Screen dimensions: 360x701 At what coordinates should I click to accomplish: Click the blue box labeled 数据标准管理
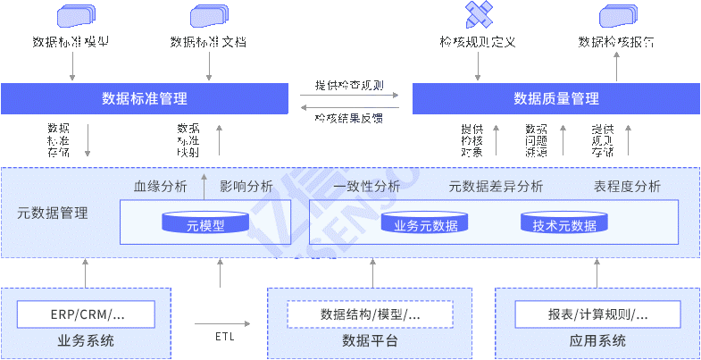click(x=145, y=98)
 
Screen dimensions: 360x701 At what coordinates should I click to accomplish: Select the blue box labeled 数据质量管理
click(x=555, y=98)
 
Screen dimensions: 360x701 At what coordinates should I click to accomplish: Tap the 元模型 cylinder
click(x=205, y=224)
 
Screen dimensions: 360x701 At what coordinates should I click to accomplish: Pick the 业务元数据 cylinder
click(x=426, y=224)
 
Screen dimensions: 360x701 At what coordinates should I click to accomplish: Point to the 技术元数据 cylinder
click(x=564, y=224)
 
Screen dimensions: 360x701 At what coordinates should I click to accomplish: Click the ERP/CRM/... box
click(x=87, y=314)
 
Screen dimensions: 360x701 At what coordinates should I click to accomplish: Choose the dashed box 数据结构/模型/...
click(x=370, y=314)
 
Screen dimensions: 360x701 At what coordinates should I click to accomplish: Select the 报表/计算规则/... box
click(x=597, y=314)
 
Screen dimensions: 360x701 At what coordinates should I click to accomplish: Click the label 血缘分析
click(x=161, y=187)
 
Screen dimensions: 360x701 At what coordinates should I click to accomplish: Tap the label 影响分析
click(x=246, y=187)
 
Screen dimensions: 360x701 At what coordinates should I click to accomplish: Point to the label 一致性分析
click(x=366, y=187)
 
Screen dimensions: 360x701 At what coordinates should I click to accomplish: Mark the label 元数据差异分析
click(x=496, y=187)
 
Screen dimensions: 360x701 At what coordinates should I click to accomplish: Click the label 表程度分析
click(x=627, y=187)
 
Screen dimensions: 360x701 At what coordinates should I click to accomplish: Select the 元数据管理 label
click(x=53, y=213)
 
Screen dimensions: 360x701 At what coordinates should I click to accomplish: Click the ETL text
click(x=226, y=337)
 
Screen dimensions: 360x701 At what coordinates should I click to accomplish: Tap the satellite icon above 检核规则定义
click(x=478, y=15)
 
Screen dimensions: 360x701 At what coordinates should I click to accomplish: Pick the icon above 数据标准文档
click(x=209, y=15)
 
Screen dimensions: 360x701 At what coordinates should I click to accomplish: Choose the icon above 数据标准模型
click(x=75, y=15)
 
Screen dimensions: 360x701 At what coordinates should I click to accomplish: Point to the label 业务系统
click(x=86, y=340)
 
